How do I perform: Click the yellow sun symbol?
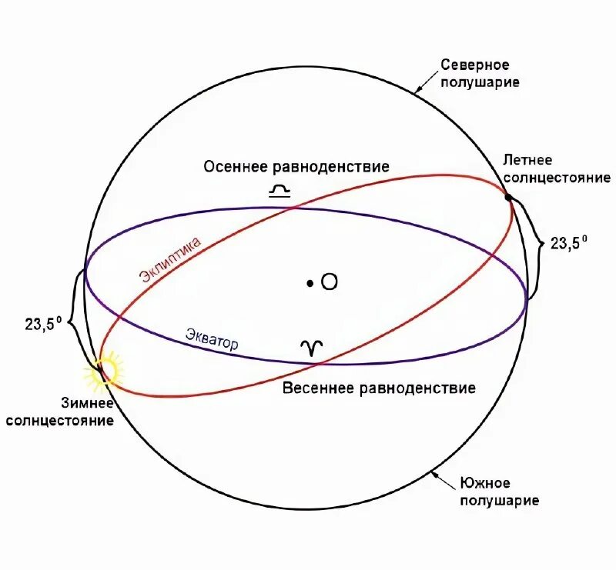[102, 371]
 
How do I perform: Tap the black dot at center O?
[309, 284]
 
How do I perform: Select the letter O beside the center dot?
[329, 283]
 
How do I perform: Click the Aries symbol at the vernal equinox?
[311, 348]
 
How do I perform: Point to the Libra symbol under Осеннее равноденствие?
[278, 190]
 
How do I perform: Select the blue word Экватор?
[212, 339]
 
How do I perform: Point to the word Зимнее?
[88, 404]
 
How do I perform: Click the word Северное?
[474, 65]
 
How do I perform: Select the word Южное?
[485, 483]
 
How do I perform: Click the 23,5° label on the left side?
[43, 324]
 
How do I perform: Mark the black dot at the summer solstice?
[508, 198]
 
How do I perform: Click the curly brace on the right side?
[536, 244]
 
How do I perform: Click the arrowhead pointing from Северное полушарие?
[417, 91]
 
